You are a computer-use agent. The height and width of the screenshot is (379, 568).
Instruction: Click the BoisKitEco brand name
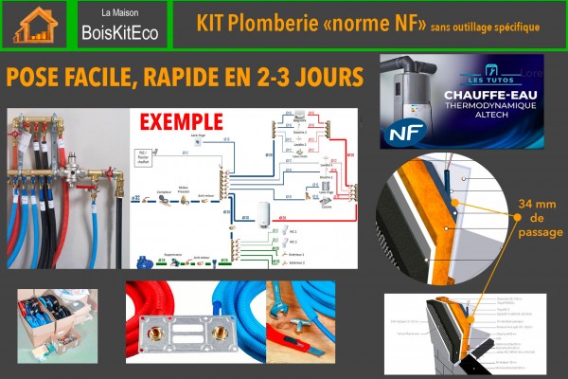(x=119, y=34)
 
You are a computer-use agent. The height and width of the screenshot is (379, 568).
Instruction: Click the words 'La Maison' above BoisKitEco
(x=118, y=14)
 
